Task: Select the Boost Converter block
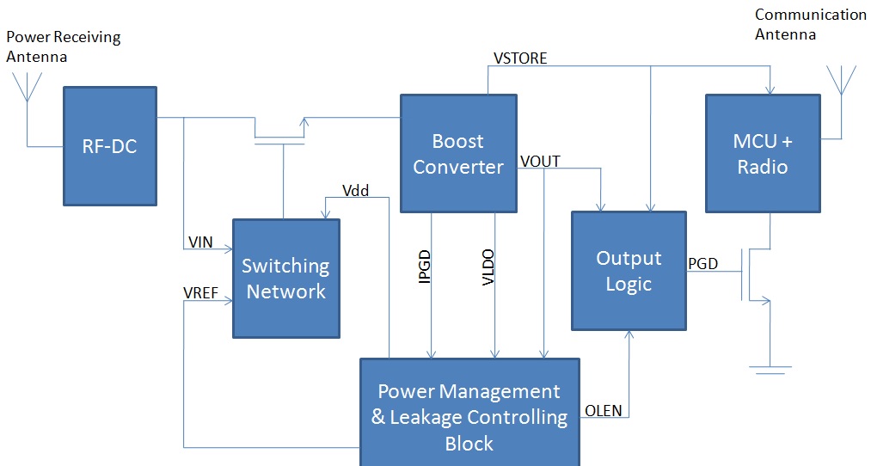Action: click(x=458, y=154)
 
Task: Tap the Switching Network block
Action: click(x=285, y=279)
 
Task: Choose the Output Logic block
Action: click(x=629, y=271)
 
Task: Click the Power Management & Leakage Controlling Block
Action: click(x=469, y=417)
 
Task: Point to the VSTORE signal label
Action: click(x=520, y=58)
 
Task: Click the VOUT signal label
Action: click(x=540, y=162)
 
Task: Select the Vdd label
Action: click(x=355, y=191)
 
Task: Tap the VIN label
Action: click(x=199, y=243)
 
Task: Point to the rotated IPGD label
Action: click(x=424, y=267)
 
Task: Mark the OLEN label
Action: click(x=604, y=410)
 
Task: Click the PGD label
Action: click(x=702, y=263)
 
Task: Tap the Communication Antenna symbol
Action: click(x=841, y=80)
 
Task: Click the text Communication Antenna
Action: click(x=810, y=25)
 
